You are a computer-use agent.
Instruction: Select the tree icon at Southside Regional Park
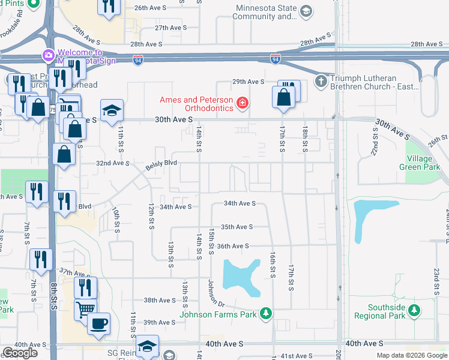(413, 310)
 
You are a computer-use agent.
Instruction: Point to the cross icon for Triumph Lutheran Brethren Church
(322, 81)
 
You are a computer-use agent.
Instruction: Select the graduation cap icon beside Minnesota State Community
(306, 11)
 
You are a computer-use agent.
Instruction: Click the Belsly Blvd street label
(161, 163)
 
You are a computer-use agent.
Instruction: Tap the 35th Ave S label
(237, 227)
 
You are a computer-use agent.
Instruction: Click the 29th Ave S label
(249, 82)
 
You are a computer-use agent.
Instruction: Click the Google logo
(20, 353)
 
